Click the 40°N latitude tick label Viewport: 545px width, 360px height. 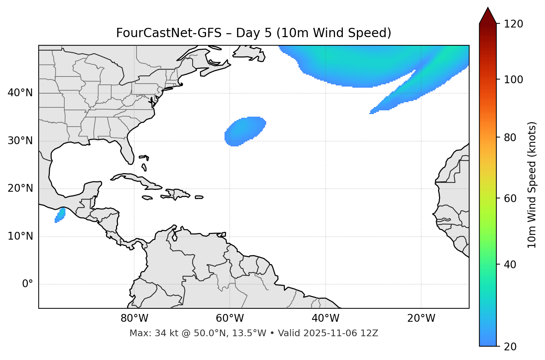20,93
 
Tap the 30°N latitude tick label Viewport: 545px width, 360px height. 20,141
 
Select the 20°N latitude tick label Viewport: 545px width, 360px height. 20,188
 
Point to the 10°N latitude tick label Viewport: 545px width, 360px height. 20,236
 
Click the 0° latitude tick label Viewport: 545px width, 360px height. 28,284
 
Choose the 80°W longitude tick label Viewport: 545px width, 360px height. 134,318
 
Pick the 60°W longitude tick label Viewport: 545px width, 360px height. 230,318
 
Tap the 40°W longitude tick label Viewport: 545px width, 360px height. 325,318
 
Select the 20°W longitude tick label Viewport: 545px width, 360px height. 421,318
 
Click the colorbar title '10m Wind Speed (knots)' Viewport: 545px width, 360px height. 532,185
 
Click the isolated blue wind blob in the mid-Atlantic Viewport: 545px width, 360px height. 245,131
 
